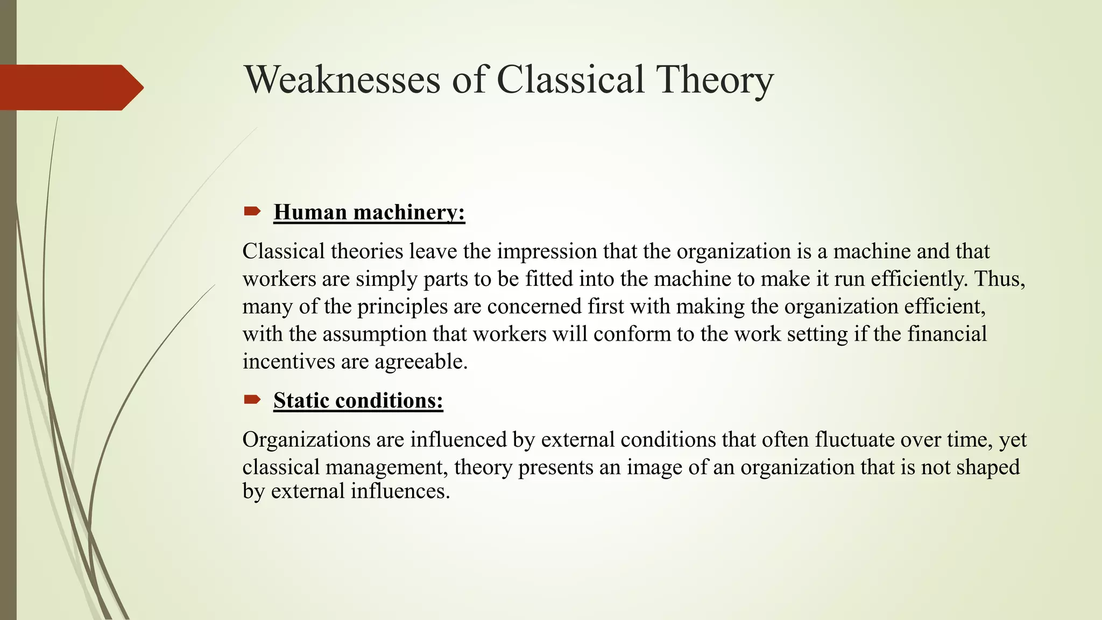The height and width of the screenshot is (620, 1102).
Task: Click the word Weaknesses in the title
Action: [342, 80]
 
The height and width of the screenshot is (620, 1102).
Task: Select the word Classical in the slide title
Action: [570, 80]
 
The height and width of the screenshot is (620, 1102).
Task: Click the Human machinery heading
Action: [369, 212]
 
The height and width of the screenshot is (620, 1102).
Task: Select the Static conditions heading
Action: [358, 400]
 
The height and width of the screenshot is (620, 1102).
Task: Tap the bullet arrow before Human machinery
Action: [252, 211]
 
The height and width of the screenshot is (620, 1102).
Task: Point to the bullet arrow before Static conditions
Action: [252, 399]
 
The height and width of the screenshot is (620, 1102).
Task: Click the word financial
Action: [947, 334]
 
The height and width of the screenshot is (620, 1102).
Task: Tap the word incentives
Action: [289, 362]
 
